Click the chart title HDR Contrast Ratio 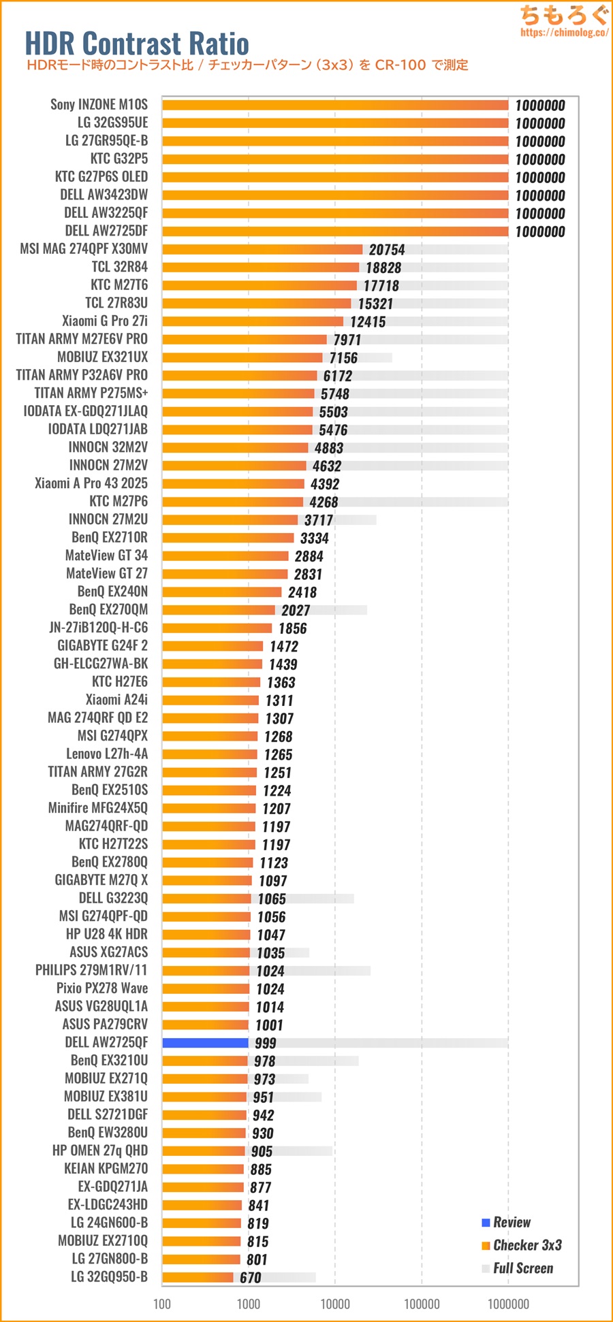[137, 44]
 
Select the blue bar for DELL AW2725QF [205, 1043]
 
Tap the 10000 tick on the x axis [335, 1304]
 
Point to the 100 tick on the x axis [162, 1304]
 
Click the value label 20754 [387, 250]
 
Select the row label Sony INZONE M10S [99, 104]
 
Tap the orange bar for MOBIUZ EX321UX [242, 357]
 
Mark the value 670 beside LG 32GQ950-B [250, 1278]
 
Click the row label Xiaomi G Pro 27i [104, 321]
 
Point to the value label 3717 [319, 520]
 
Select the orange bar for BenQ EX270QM [218, 610]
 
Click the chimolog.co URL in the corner [563, 32]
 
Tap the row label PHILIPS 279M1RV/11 [91, 970]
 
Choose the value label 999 [266, 1043]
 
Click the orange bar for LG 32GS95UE [335, 123]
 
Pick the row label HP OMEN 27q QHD [99, 1150]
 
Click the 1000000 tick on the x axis [508, 1304]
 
